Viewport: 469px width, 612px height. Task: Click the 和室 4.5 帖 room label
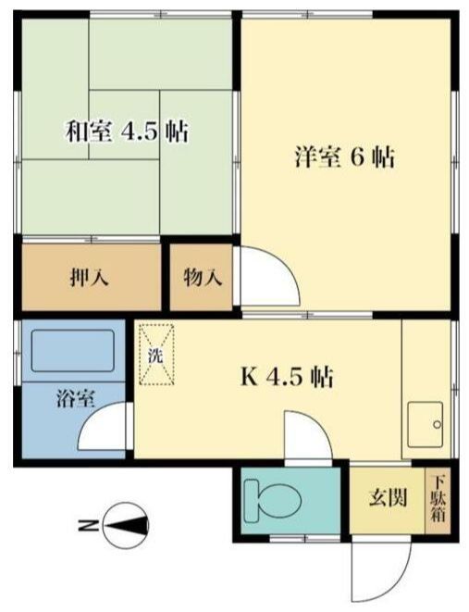pyautogui.click(x=126, y=131)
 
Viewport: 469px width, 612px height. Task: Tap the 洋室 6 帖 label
pyautogui.click(x=343, y=157)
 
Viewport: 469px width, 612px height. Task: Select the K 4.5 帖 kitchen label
pyautogui.click(x=288, y=377)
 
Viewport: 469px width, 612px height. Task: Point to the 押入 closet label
pyautogui.click(x=92, y=277)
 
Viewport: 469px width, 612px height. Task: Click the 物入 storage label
pyautogui.click(x=201, y=277)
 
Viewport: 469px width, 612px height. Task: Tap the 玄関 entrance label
pyautogui.click(x=389, y=499)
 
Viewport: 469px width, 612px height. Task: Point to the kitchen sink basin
pyautogui.click(x=427, y=426)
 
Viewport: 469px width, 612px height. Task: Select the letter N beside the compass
pyautogui.click(x=85, y=526)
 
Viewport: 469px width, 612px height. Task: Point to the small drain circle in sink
pyautogui.click(x=436, y=425)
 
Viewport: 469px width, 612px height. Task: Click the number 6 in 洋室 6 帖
pyautogui.click(x=356, y=157)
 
